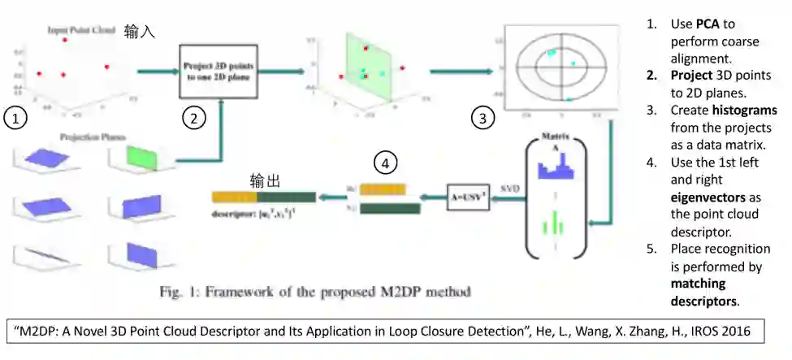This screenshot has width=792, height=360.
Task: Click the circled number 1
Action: [x=15, y=118]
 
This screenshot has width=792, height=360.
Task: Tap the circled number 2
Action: [x=193, y=119]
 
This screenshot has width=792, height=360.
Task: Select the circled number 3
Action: [x=483, y=119]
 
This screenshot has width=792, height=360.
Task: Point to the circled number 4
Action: [x=385, y=163]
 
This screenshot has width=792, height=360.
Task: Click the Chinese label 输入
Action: [x=139, y=32]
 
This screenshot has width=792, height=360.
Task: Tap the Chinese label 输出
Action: [x=267, y=180]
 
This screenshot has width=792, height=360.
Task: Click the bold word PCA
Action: [x=708, y=24]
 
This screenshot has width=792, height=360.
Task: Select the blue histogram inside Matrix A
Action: [x=556, y=167]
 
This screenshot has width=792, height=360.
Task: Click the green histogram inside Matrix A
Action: [x=555, y=223]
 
